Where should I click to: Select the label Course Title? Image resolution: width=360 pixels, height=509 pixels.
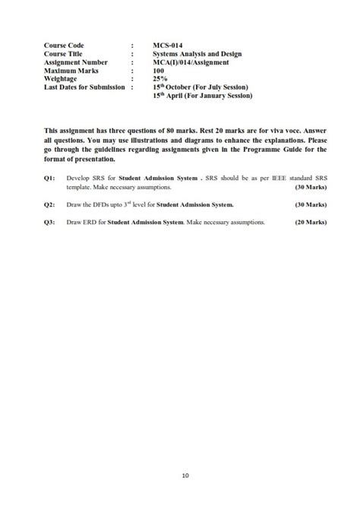pyautogui.click(x=66, y=54)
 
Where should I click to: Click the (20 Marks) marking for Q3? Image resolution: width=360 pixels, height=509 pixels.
pyautogui.click(x=311, y=223)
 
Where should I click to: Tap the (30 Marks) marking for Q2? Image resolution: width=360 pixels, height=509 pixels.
pyautogui.click(x=311, y=204)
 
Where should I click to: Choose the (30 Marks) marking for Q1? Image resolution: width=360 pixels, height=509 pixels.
pyautogui.click(x=311, y=186)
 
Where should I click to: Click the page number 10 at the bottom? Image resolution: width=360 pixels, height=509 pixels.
pyautogui.click(x=185, y=476)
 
